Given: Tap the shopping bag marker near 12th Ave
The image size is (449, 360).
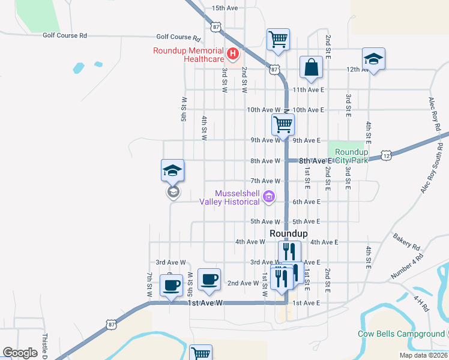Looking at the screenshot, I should [312, 68].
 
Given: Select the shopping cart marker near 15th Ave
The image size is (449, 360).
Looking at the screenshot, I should [278, 40].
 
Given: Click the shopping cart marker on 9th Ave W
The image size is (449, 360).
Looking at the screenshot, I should [283, 124].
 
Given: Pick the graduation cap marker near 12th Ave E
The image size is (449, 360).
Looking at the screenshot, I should [373, 59].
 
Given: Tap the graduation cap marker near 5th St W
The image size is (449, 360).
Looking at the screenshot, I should [172, 170].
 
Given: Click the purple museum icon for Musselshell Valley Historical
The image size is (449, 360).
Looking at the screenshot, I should [269, 197].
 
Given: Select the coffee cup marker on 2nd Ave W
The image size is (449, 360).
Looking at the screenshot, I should [209, 280].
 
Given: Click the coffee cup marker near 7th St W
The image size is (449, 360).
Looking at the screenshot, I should [171, 285].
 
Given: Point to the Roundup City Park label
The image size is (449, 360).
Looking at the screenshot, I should [351, 157].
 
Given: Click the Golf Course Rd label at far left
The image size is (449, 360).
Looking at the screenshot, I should [65, 35].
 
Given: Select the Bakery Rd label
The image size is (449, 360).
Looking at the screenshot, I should [408, 241].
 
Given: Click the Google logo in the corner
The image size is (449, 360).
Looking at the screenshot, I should [20, 353].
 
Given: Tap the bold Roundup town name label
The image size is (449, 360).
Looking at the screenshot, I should [289, 233].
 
